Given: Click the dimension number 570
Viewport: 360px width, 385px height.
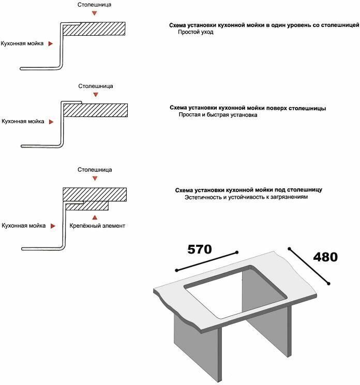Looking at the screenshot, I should (x=199, y=249).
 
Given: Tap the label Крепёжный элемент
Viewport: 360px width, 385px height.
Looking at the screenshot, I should (x=97, y=226).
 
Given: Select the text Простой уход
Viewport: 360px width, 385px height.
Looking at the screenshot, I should (x=196, y=32).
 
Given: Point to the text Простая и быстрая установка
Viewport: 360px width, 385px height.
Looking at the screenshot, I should (x=218, y=115).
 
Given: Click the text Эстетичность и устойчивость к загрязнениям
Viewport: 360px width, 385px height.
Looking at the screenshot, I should (x=246, y=197).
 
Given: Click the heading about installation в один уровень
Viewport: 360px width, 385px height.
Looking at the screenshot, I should (x=264, y=25).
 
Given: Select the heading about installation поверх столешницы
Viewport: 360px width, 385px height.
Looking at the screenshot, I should (x=248, y=108).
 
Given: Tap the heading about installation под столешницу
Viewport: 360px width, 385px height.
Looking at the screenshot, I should (x=249, y=190).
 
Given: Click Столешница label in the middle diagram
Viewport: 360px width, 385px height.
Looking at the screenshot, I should (x=96, y=86).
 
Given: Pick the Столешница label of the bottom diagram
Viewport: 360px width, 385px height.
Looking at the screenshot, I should (x=95, y=170).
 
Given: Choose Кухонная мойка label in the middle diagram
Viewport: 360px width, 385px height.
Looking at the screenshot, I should (x=23, y=121).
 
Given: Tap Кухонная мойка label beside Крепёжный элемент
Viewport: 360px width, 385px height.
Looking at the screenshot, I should (x=23, y=226).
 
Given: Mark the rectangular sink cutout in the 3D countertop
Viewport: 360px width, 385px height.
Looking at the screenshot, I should (x=235, y=292).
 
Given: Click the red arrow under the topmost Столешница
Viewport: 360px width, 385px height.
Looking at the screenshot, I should (x=94, y=14).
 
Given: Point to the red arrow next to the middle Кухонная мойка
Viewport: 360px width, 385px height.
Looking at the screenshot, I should (x=50, y=122).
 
